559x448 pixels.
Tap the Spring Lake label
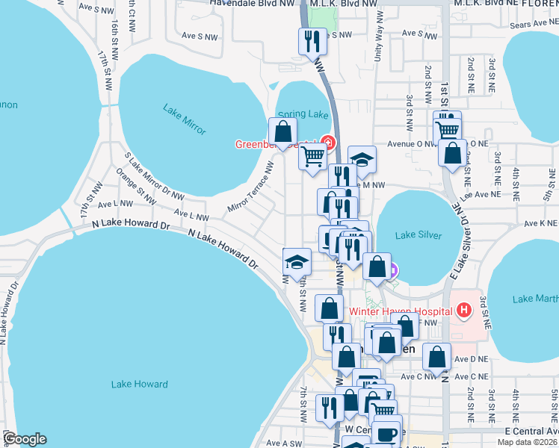303,114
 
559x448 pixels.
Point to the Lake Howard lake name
139,384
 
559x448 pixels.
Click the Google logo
25,439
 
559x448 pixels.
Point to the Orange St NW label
136,186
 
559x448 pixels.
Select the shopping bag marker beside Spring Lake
283,131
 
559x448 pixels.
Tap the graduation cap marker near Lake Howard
297,261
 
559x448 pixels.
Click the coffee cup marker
386,434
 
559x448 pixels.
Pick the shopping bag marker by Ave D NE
436,357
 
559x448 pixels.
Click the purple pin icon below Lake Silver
392,271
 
